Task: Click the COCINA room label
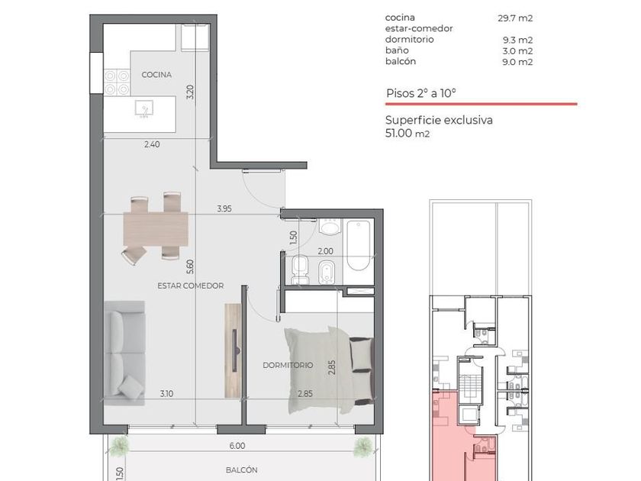[156, 75]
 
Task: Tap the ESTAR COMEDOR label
[191, 286]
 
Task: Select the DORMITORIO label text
[288, 365]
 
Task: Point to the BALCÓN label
[242, 470]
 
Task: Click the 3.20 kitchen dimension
[190, 92]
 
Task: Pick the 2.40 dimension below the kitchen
[152, 144]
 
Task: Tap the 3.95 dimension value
[224, 208]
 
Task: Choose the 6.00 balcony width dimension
[237, 446]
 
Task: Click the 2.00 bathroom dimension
[325, 251]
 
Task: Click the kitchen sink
[144, 108]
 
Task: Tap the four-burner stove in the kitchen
[117, 82]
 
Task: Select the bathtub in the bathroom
[358, 245]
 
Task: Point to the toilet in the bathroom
[301, 269]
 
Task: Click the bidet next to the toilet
[326, 272]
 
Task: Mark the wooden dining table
[156, 228]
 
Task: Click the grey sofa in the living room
[124, 353]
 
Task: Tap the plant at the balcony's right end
[363, 447]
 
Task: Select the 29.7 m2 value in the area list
[515, 18]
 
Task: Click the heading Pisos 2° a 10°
[421, 93]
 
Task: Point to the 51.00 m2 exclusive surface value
[407, 133]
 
